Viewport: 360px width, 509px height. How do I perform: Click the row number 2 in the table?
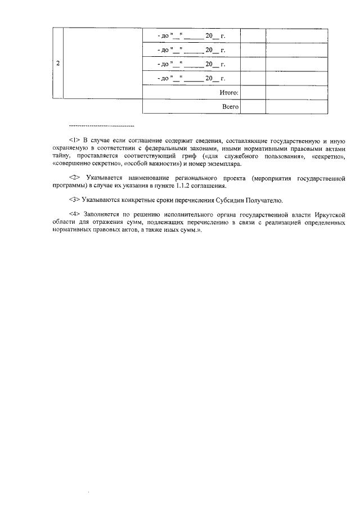(58, 64)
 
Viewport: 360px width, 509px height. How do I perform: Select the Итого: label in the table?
(229, 92)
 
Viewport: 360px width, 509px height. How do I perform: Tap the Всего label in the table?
(231, 106)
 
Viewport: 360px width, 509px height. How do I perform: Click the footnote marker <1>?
(74, 139)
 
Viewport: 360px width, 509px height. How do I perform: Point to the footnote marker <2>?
(74, 178)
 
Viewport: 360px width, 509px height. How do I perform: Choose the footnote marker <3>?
(74, 200)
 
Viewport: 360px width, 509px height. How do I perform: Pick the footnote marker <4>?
(74, 215)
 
